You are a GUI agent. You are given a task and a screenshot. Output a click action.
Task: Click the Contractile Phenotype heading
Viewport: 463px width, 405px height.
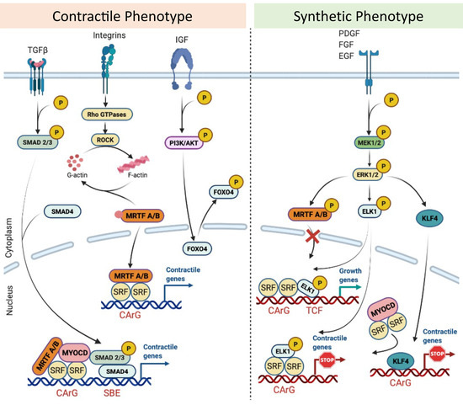pyautogui.click(x=118, y=15)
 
